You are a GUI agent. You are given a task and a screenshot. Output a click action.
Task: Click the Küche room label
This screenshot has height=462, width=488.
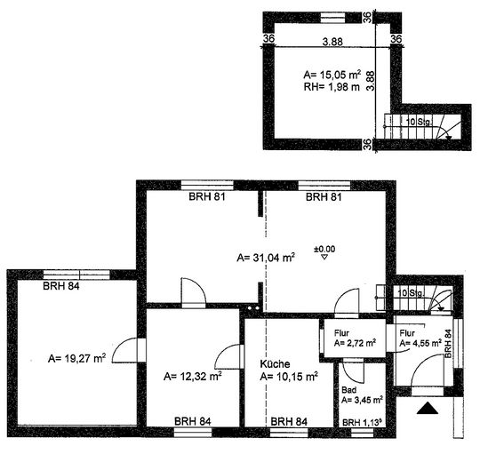click(275, 363)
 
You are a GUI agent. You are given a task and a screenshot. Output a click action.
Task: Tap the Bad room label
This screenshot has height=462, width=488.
click(348, 389)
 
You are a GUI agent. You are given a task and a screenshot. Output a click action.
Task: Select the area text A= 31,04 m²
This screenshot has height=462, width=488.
click(266, 258)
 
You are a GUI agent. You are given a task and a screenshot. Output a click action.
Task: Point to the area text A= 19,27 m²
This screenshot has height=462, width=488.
click(76, 358)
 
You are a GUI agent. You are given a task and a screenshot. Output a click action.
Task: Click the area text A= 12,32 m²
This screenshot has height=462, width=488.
click(192, 376)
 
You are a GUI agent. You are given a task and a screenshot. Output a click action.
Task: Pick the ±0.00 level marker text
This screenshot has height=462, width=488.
click(324, 249)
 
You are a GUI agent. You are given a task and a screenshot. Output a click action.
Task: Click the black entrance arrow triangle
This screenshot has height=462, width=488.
click(428, 408)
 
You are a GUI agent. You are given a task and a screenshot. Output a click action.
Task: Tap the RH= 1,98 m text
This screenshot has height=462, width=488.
click(332, 87)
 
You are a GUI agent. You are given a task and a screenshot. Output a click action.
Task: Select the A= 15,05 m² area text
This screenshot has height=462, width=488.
click(332, 75)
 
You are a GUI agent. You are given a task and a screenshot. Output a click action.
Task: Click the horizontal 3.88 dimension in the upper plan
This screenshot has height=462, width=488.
click(332, 42)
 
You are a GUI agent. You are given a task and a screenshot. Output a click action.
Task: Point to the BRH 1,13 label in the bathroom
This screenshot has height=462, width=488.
click(362, 423)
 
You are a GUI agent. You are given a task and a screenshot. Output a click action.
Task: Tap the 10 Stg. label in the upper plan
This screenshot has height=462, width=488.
click(419, 122)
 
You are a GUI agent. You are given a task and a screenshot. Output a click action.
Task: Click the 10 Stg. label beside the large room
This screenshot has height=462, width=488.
click(412, 293)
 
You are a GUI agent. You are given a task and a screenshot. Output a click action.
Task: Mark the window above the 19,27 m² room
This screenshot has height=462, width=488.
click(76, 275)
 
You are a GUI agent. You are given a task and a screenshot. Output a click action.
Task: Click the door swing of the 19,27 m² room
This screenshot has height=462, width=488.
click(124, 350)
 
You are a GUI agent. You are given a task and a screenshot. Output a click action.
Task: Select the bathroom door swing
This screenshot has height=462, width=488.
click(354, 370)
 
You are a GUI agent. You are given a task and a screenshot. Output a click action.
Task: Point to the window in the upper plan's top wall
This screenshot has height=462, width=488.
click(332, 18)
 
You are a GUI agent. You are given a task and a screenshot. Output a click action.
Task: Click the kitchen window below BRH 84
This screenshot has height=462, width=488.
click(289, 433)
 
